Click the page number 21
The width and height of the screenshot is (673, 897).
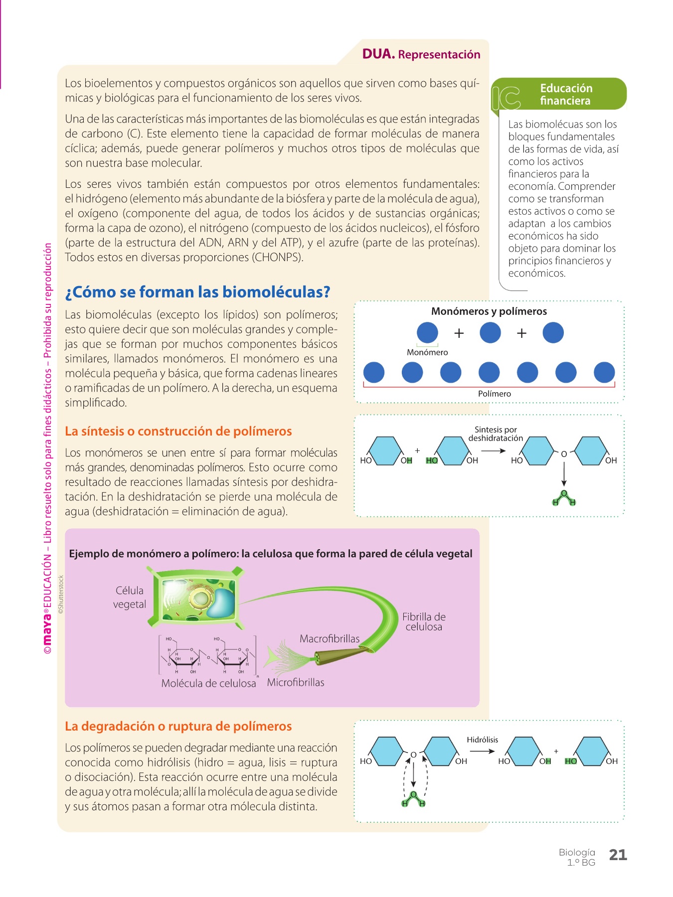pyautogui.click(x=618, y=855)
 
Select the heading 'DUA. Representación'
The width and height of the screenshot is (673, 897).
pyautogui.click(x=421, y=54)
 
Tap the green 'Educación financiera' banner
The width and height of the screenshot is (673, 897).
pyautogui.click(x=559, y=94)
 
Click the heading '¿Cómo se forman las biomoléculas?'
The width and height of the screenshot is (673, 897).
pyautogui.click(x=197, y=292)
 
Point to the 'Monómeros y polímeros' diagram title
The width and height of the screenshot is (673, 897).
pyautogui.click(x=489, y=311)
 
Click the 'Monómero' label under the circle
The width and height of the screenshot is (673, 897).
pyautogui.click(x=427, y=352)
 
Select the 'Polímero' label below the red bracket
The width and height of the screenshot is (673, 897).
pyautogui.click(x=495, y=394)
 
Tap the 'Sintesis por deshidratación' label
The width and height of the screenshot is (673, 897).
pyautogui.click(x=496, y=434)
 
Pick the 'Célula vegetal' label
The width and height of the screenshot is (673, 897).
pyautogui.click(x=130, y=598)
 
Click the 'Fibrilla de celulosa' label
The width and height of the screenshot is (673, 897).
pyautogui.click(x=424, y=622)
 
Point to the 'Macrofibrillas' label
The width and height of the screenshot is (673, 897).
pyautogui.click(x=330, y=639)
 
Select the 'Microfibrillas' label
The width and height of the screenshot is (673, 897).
pyautogui.click(x=296, y=683)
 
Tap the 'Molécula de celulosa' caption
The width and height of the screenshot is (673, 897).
pyautogui.click(x=208, y=684)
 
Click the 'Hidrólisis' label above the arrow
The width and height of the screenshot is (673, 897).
pyautogui.click(x=482, y=740)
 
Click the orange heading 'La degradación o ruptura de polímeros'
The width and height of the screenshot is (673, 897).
pyautogui.click(x=178, y=726)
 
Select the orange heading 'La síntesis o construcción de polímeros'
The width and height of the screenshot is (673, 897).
pyautogui.click(x=178, y=431)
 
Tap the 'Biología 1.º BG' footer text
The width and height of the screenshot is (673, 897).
pyautogui.click(x=577, y=857)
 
